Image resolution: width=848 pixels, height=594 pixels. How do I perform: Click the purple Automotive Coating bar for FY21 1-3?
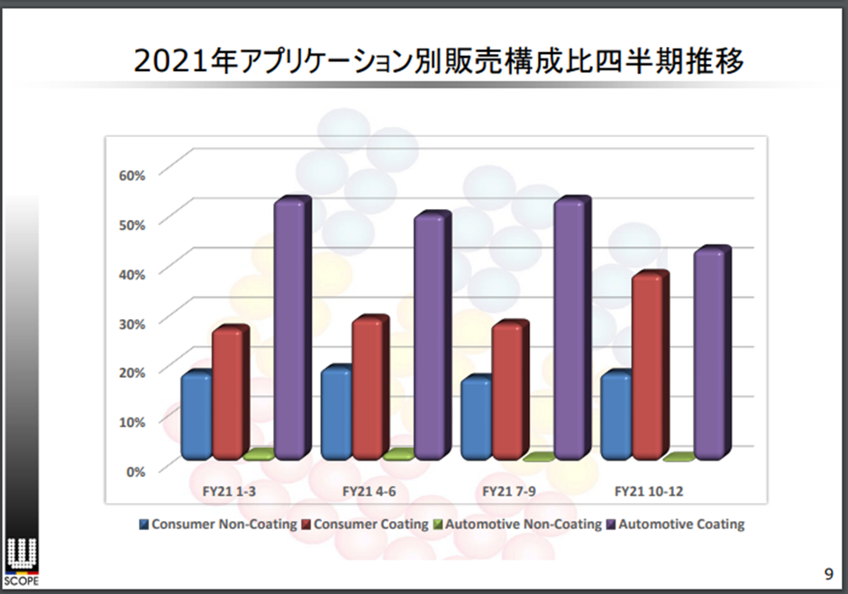pyautogui.click(x=290, y=329)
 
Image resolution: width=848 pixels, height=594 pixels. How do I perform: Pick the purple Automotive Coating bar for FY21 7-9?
pyautogui.click(x=570, y=330)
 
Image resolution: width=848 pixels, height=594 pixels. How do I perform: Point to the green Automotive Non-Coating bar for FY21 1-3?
pyautogui.click(x=258, y=455)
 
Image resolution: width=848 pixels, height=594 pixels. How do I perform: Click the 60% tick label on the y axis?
pyautogui.click(x=132, y=173)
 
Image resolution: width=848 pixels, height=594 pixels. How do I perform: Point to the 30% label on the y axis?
pyautogui.click(x=132, y=322)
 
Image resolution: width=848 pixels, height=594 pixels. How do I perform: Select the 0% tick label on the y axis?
pyautogui.click(x=133, y=471)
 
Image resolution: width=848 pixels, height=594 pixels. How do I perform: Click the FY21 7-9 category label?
pyautogui.click(x=508, y=492)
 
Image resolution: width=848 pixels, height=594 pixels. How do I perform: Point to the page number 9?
pyautogui.click(x=828, y=573)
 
